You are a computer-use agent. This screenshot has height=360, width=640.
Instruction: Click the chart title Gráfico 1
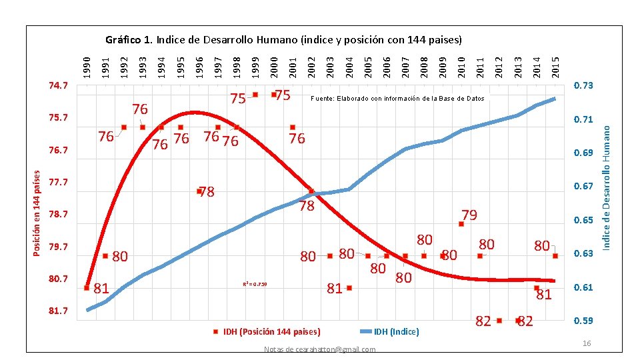tap(283, 39)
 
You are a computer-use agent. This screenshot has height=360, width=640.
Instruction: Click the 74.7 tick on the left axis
tap(58, 86)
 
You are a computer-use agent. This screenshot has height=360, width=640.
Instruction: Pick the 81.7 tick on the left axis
tap(58, 311)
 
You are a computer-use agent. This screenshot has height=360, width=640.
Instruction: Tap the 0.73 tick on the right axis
tap(584, 86)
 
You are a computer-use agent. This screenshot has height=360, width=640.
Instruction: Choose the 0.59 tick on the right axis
tap(584, 321)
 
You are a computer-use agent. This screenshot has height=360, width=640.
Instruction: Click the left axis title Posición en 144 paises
tap(38, 211)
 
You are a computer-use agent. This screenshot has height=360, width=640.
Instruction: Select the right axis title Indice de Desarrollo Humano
tap(607, 181)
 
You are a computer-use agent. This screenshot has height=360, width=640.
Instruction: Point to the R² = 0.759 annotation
tap(255, 285)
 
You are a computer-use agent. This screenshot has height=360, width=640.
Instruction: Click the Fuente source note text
tap(397, 99)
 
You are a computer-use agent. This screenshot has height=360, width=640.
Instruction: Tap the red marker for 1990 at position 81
tap(87, 288)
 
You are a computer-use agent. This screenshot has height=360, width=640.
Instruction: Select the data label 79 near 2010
tap(469, 215)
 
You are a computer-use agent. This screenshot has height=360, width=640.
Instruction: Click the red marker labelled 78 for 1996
tap(199, 191)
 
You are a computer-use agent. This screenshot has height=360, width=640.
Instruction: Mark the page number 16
tap(587, 343)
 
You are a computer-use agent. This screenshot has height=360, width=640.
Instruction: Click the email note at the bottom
tap(319, 350)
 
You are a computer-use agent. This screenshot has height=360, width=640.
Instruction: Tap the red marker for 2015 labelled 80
tap(555, 256)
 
